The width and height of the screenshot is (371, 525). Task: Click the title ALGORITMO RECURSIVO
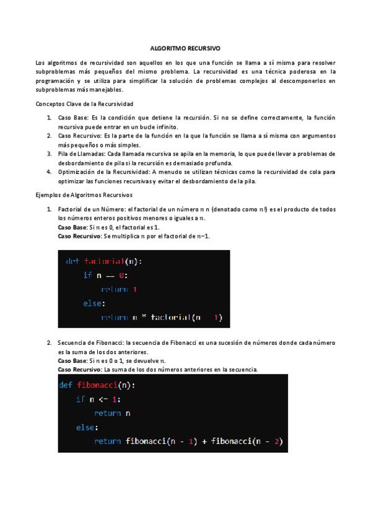tap(185, 47)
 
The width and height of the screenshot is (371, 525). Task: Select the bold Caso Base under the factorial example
tap(72, 227)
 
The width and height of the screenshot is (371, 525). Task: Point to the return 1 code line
tap(118, 289)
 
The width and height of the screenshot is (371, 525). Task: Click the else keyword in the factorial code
tap(94, 303)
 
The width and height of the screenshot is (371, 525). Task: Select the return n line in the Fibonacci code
tap(112, 413)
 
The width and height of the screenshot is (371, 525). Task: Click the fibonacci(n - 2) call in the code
tap(247, 441)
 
